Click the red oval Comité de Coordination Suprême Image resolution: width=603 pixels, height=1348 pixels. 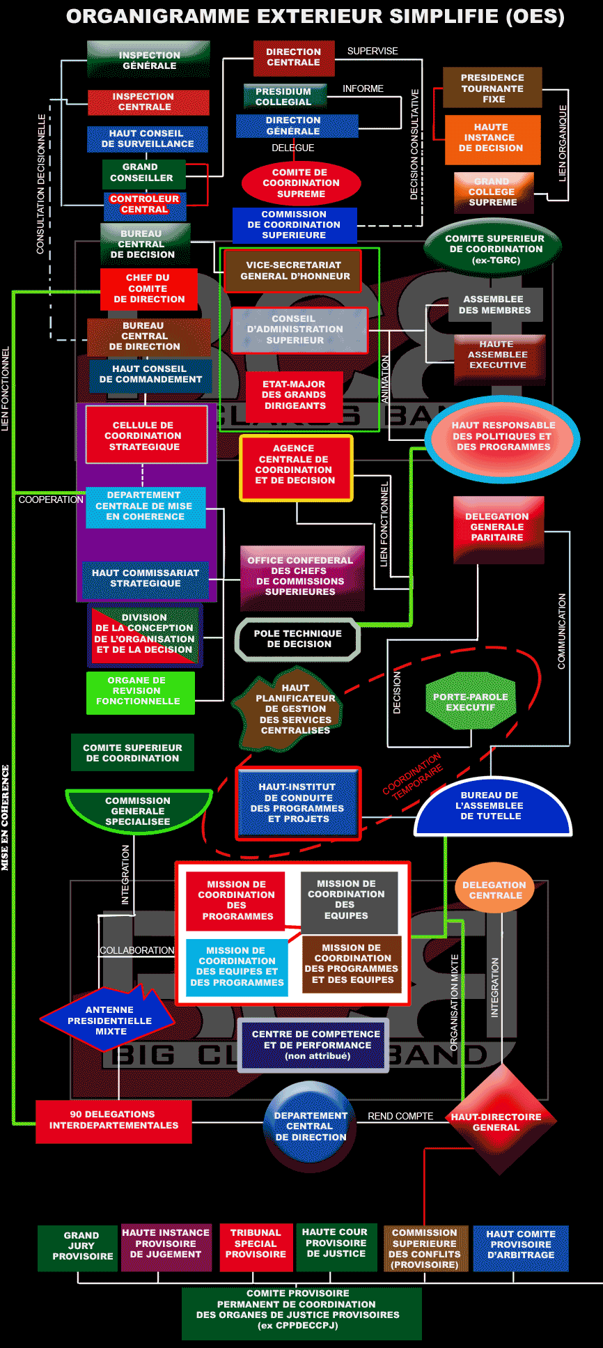pos(301,183)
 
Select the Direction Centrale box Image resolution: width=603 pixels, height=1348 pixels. pos(293,57)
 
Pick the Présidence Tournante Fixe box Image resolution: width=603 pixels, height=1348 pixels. pos(492,88)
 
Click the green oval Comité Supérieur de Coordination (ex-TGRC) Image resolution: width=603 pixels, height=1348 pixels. pos(494,249)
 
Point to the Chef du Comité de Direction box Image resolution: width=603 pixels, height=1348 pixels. pos(148,288)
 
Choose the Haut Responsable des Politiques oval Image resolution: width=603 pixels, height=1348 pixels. pos(503,437)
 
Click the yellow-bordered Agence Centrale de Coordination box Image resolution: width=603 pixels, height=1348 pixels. pos(295,465)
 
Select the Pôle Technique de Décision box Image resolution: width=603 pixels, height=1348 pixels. pos(298,639)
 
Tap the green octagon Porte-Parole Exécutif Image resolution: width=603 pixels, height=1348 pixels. pos(471,702)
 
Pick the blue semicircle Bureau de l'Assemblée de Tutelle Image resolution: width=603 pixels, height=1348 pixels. pos(492,807)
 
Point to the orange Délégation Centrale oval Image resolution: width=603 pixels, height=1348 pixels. pos(494,890)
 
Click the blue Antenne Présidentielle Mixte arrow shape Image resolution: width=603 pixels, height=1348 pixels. pos(109,1020)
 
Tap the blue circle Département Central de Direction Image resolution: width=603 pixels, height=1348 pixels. pos(310,1126)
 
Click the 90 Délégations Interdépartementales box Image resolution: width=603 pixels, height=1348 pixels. pos(113,1120)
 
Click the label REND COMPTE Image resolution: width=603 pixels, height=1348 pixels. pos(400,1116)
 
